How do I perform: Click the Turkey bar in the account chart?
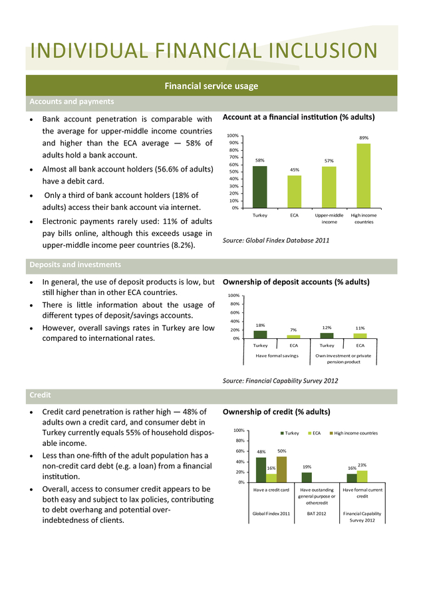pos(259,187)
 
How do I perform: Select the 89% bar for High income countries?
pos(363,175)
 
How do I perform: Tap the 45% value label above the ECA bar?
pos(295,169)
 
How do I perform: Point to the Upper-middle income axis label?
pos(329,219)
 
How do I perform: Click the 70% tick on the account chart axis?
pos(233,157)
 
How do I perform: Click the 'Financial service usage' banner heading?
pos(211,86)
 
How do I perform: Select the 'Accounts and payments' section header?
pos(72,102)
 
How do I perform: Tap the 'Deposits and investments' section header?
pos(75,264)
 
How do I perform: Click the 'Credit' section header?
pos(40,395)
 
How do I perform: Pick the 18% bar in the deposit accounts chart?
pos(260,334)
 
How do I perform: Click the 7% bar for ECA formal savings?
pos(293,337)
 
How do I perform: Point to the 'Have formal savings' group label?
pos(277,356)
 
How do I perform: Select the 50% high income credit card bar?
pos(282,470)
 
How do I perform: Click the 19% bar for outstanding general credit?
pos(307,478)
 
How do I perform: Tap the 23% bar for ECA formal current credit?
pos(362,476)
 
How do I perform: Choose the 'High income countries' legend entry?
pos(354,433)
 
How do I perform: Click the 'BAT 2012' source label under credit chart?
pos(317,514)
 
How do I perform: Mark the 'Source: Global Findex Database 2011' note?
pos(275,241)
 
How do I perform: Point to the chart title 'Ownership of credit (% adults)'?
pos(277,412)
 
